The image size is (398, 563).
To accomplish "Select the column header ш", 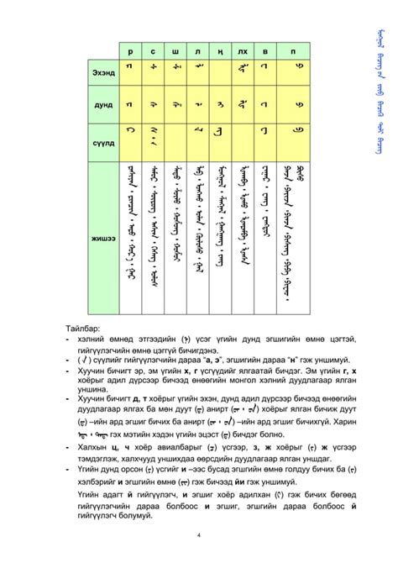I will pos(175,50).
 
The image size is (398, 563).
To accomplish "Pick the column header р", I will pos(130,50).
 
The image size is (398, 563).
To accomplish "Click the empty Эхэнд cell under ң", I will pos(219,74).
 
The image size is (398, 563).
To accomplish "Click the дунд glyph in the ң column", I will pos(219,105).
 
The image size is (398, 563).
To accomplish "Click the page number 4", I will pos(198,534).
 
